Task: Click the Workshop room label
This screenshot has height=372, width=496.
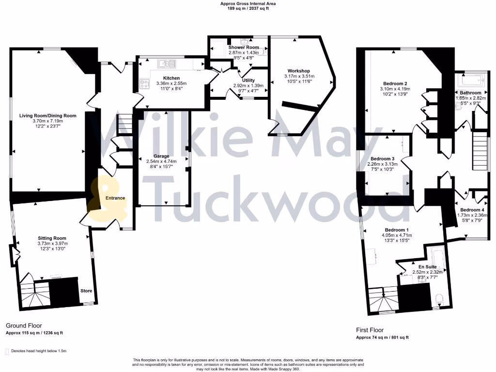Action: (x=298, y=71)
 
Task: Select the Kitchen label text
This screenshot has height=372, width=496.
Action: (x=171, y=78)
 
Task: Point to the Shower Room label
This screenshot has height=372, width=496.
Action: (x=244, y=47)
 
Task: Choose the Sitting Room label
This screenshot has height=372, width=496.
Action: (x=52, y=238)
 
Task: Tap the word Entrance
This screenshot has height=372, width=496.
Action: (x=115, y=198)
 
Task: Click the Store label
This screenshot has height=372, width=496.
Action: (x=86, y=291)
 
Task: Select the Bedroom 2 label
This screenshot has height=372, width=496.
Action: (x=395, y=83)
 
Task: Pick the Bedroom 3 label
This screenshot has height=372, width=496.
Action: (x=383, y=159)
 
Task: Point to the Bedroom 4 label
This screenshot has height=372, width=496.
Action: (x=470, y=210)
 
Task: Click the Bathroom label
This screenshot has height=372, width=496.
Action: (x=471, y=93)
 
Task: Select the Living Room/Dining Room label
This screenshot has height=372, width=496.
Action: (x=48, y=116)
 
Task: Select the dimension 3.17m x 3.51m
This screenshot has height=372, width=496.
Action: (x=301, y=76)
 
